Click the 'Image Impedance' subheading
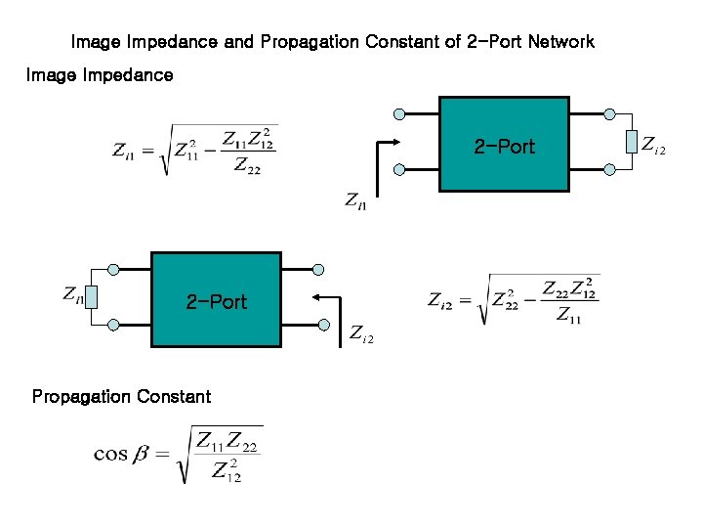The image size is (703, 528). click(100, 74)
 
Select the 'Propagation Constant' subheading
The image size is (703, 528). click(121, 396)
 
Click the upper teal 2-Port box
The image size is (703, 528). click(504, 145)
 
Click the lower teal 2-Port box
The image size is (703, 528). click(216, 300)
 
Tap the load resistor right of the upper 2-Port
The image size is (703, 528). click(632, 143)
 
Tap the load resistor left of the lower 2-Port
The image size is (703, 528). click(91, 295)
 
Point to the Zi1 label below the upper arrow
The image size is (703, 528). click(356, 200)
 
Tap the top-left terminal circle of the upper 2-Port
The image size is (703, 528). click(399, 113)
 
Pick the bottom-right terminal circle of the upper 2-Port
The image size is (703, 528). click(609, 169)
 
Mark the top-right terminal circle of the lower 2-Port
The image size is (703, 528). click(318, 269)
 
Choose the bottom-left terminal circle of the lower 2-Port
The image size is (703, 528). click(114, 324)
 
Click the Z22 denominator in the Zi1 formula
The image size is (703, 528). click(248, 167)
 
